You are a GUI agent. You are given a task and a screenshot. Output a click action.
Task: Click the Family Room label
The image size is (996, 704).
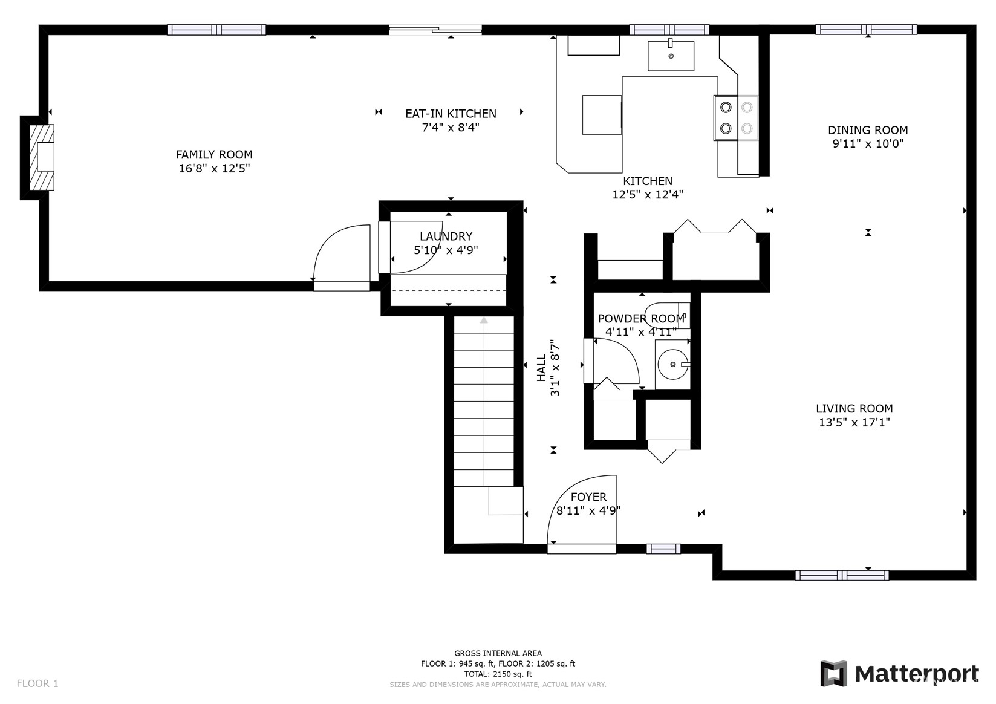pyautogui.click(x=214, y=154)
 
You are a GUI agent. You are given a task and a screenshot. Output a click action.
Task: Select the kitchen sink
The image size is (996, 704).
pyautogui.click(x=671, y=56)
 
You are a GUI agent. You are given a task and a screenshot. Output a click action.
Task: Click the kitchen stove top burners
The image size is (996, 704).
pyautogui.click(x=736, y=118)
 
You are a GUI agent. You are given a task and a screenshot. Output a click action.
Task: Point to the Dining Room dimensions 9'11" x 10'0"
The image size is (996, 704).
pyautogui.click(x=868, y=144)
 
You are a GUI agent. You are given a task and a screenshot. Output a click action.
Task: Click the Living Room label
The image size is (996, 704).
pyautogui.click(x=854, y=408)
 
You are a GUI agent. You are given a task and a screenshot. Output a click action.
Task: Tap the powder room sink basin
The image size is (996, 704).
pyautogui.click(x=672, y=364)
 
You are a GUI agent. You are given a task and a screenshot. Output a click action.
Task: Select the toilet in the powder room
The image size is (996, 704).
pyautogui.click(x=667, y=315)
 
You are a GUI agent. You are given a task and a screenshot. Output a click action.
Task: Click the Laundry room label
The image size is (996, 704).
pyautogui.click(x=446, y=236)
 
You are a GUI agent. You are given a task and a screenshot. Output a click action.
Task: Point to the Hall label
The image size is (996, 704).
pyautogui.click(x=541, y=368)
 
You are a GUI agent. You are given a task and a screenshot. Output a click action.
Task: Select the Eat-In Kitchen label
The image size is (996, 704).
pyautogui.click(x=451, y=114)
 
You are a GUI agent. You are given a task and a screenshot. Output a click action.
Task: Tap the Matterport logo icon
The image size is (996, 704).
pyautogui.click(x=834, y=673)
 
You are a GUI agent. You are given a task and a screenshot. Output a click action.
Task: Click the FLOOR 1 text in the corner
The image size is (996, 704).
pyautogui.click(x=37, y=683)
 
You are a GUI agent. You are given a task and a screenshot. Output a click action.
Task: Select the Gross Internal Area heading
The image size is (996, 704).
pyautogui.click(x=498, y=653)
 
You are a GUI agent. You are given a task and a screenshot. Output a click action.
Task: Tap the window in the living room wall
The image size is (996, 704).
pyautogui.click(x=842, y=575)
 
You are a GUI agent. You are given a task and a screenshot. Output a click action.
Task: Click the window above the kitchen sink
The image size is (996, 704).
pyautogui.click(x=669, y=30)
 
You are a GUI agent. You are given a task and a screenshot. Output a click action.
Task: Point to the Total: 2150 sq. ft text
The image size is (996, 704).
pyautogui.click(x=498, y=674)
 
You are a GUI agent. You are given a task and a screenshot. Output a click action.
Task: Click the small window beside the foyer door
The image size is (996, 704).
pyautogui.click(x=663, y=549)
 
